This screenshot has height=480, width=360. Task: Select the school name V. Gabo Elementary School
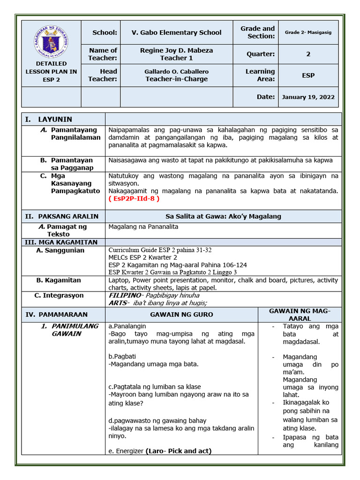(176, 32)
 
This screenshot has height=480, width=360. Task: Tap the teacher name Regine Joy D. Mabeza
(176, 50)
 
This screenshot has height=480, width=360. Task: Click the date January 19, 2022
(308, 97)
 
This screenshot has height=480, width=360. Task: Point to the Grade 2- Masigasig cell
(308, 32)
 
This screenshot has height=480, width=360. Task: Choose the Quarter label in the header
(261, 54)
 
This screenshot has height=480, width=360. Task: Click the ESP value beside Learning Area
(308, 75)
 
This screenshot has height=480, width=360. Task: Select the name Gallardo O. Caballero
(176, 71)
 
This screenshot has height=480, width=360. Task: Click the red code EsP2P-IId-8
(134, 198)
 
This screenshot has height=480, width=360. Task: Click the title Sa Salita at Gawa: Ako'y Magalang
(223, 216)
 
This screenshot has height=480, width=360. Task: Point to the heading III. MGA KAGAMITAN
(61, 242)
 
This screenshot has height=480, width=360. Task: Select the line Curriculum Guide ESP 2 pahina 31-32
(160, 250)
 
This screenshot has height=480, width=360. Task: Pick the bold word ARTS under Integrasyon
(118, 303)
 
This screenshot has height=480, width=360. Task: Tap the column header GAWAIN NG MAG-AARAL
(300, 315)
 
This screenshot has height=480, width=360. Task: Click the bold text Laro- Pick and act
(178, 451)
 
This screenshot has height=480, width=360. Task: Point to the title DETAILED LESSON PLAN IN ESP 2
(51, 71)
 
